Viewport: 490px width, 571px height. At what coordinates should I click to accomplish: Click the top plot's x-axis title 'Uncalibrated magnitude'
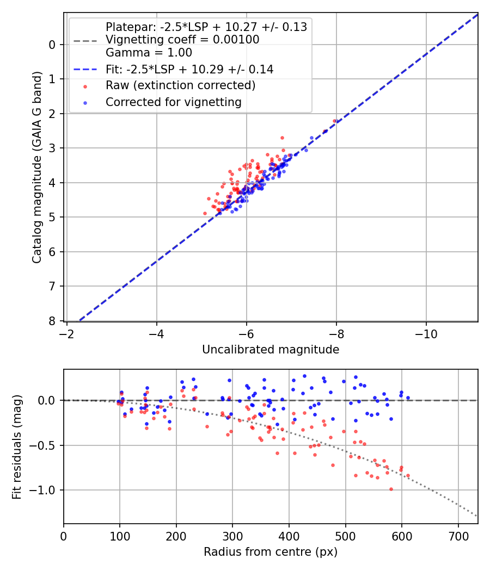(271, 350)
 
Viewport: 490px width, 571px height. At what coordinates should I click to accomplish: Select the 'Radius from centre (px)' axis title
(271, 552)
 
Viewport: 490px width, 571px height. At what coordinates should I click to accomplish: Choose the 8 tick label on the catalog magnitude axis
(52, 321)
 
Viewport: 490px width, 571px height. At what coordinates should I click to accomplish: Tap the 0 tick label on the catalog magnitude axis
(52, 45)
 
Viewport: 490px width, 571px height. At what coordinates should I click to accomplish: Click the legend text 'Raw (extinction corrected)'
(180, 85)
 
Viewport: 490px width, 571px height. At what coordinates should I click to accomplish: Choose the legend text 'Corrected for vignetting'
(173, 102)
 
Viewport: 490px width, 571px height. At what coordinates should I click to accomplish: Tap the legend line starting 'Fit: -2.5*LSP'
(189, 70)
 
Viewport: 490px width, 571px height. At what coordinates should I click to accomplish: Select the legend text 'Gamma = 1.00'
(149, 53)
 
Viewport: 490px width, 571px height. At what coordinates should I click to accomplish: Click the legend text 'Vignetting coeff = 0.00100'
(182, 40)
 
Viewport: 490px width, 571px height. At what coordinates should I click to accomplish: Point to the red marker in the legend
(85, 86)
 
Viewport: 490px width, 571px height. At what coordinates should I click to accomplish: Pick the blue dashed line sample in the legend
(85, 70)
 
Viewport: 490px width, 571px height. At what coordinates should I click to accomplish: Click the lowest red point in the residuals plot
(391, 489)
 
